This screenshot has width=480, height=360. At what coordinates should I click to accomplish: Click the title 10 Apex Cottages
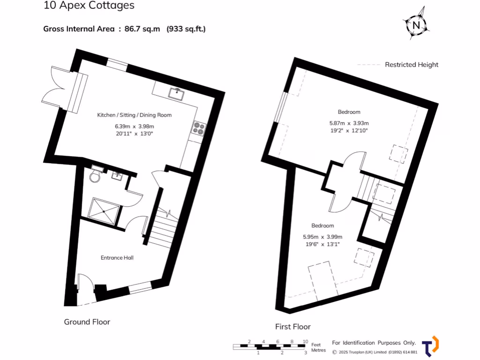click(x=89, y=6)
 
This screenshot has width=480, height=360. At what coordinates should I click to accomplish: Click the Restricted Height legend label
click(x=412, y=65)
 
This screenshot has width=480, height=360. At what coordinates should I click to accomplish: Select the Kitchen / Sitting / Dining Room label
click(x=135, y=115)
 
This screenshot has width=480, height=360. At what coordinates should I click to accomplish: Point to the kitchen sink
click(x=178, y=93)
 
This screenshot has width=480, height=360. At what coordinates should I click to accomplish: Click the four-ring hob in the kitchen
click(x=198, y=128)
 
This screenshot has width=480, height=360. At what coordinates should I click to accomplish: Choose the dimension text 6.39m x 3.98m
click(x=135, y=126)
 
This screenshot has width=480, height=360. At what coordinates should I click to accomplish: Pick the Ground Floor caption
click(x=87, y=322)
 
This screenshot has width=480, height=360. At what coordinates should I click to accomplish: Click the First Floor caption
click(x=293, y=327)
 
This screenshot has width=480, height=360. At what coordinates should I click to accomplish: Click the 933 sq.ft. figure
click(x=186, y=29)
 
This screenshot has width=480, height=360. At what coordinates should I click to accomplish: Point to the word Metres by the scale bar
click(x=319, y=350)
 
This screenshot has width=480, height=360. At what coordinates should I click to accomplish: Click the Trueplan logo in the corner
click(x=430, y=346)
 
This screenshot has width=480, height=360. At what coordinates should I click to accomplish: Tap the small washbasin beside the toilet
click(x=117, y=176)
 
